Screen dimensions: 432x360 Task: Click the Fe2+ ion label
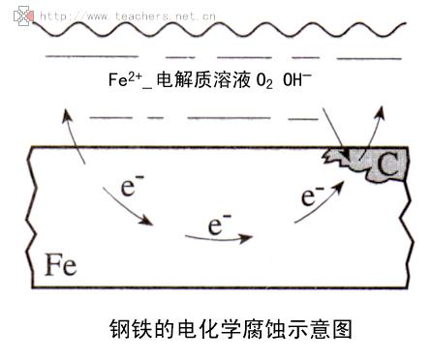point(125,79)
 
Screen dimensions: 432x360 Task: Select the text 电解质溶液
point(203,79)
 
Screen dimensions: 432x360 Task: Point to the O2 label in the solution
point(264,80)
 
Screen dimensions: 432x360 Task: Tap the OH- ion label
point(297,79)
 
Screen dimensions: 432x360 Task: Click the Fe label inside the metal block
point(60,264)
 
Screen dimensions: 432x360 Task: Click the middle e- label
point(220,224)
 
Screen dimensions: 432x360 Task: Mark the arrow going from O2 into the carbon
point(335,134)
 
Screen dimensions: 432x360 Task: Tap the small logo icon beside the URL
point(23,16)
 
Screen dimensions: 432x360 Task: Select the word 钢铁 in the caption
point(132,329)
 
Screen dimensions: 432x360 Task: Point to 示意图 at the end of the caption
point(320,329)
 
